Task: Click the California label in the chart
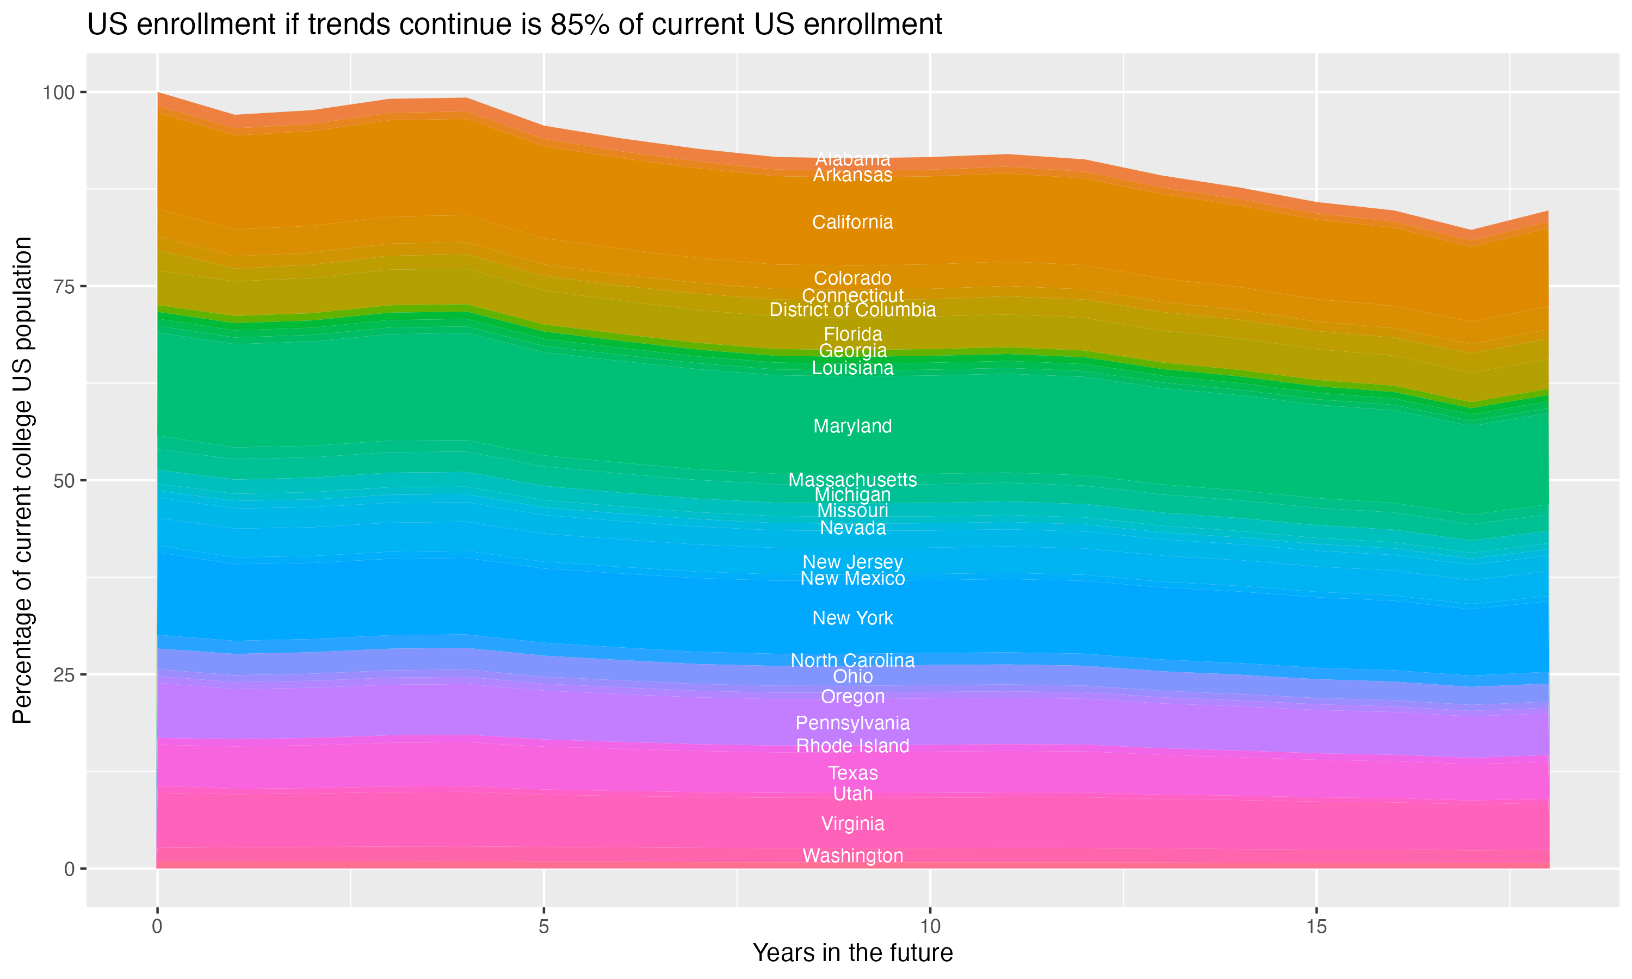coord(852,222)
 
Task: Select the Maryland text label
coord(852,426)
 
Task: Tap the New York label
coord(852,618)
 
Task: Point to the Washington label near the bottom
coord(852,856)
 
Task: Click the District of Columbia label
coord(852,309)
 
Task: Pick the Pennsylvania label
coord(852,723)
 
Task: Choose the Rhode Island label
coord(852,746)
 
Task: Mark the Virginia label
coord(852,823)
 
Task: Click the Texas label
coord(852,773)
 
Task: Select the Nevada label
coord(852,528)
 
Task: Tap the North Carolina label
coord(852,660)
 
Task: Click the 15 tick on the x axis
coord(1316,927)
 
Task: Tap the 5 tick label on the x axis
coord(543,927)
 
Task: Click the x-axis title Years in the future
coord(852,953)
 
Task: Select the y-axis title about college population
coord(22,480)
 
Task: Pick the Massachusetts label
coord(852,480)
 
